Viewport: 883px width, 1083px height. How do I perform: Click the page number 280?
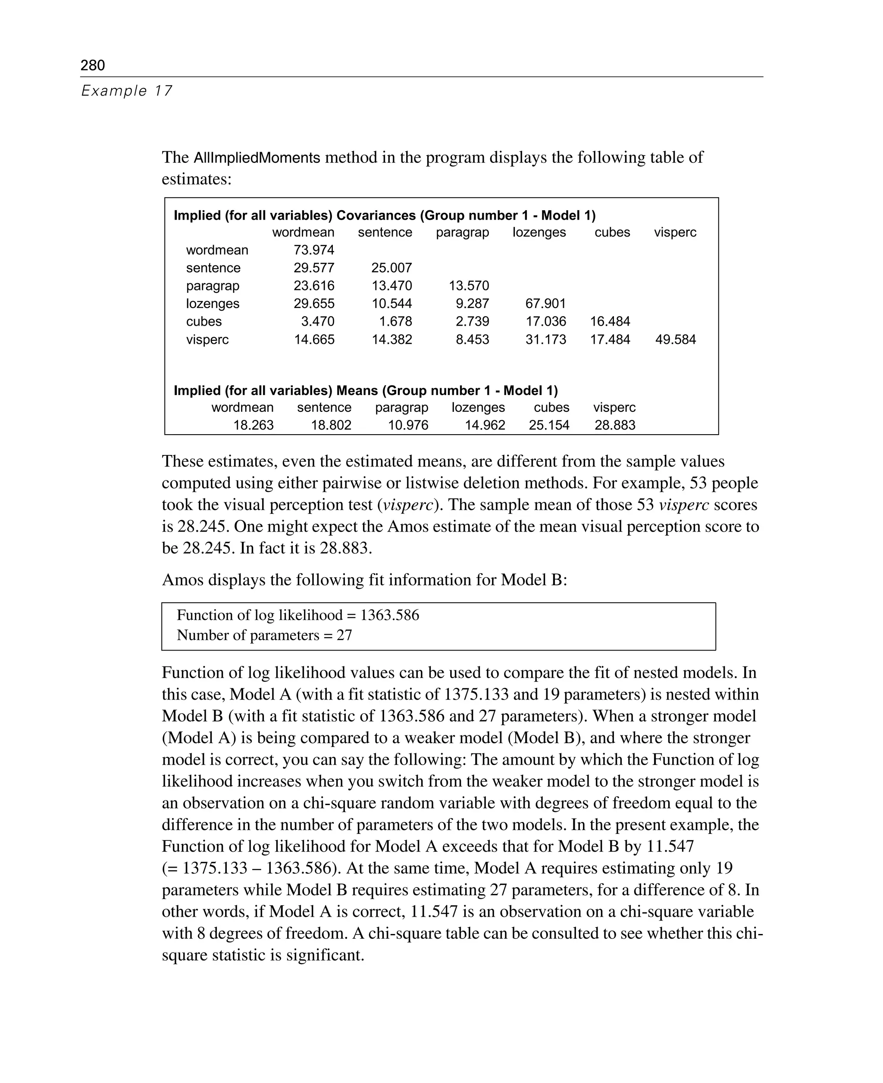coord(93,65)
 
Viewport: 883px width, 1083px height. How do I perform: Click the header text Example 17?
coord(127,91)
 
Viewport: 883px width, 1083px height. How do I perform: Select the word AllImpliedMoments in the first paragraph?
coord(257,158)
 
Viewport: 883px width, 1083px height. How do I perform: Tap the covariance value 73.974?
coord(314,250)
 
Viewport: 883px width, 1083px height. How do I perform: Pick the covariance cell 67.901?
coord(545,303)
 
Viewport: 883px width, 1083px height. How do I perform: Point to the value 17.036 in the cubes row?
coord(545,321)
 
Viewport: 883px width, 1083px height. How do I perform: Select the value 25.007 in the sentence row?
coord(391,268)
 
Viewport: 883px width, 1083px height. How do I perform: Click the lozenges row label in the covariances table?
coord(212,303)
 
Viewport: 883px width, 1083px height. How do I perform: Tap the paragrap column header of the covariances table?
coord(462,232)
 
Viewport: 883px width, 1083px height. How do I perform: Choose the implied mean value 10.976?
coord(408,425)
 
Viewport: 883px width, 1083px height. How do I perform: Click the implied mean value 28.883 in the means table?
coord(614,425)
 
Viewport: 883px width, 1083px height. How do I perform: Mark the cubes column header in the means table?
coord(551,407)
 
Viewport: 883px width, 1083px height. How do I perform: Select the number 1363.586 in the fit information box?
coord(390,616)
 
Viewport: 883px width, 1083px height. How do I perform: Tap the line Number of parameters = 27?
coord(264,635)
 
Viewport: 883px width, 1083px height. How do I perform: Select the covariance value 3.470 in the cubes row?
coord(317,321)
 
